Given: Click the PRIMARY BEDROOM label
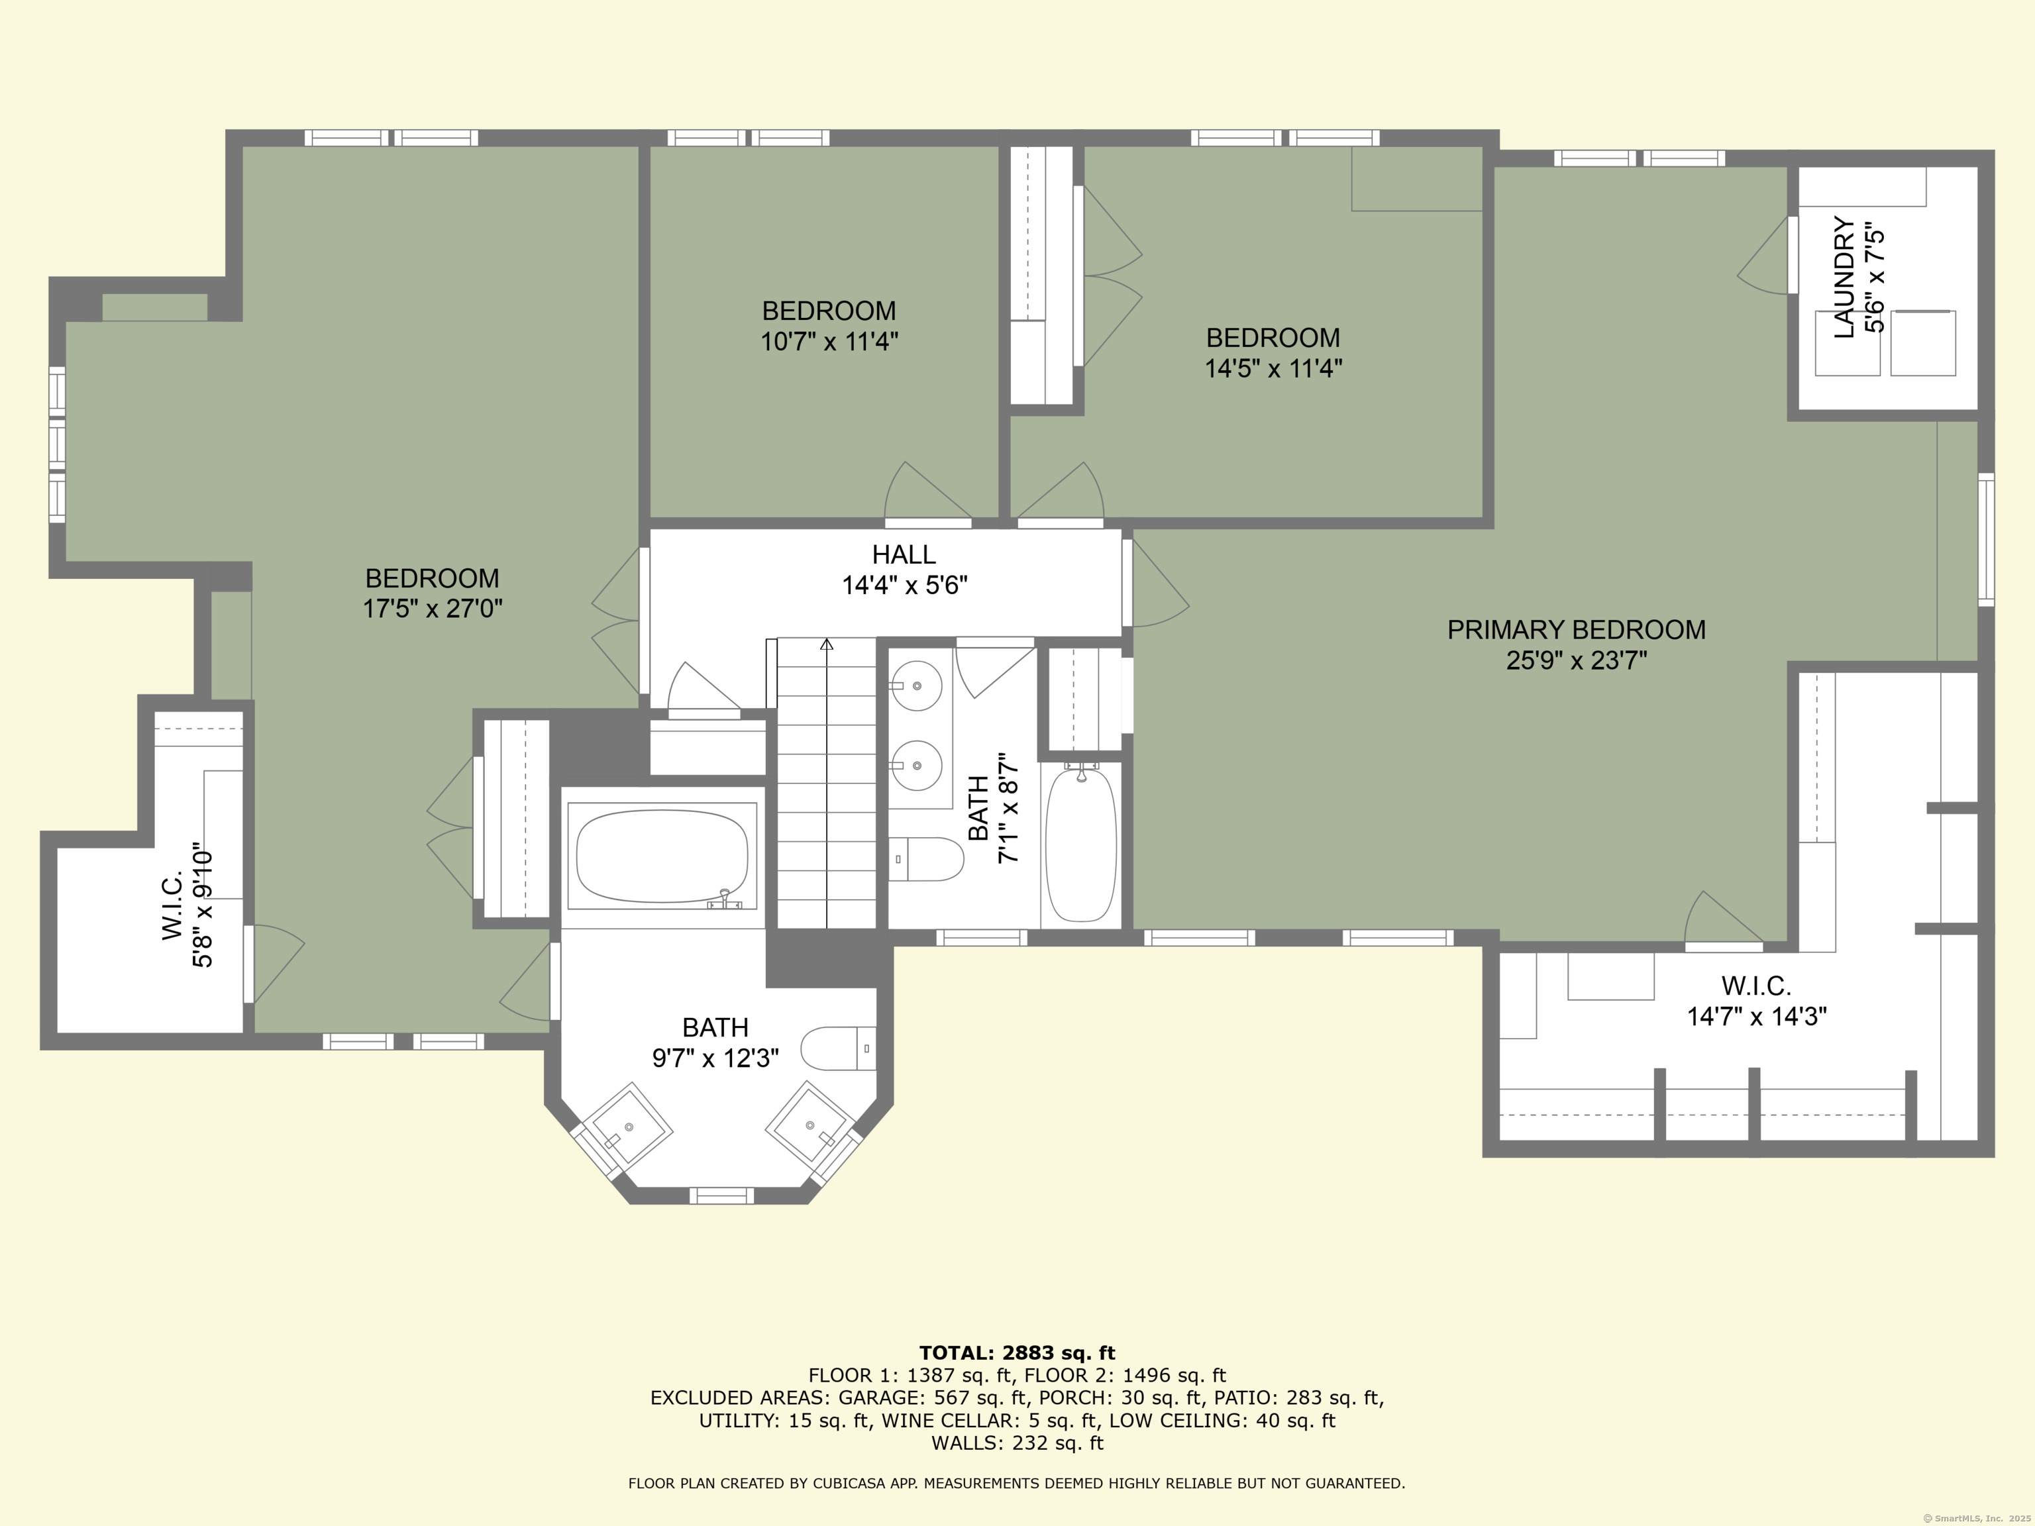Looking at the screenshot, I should (x=1576, y=630).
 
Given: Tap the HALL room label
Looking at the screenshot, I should (x=904, y=554).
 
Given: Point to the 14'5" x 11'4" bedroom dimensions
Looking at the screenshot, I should (x=1273, y=369).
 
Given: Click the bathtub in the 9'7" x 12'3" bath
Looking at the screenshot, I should (x=662, y=856).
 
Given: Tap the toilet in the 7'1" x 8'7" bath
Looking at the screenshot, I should (x=927, y=859).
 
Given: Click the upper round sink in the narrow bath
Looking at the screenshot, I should (x=916, y=686).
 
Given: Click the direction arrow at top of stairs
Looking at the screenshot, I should (x=826, y=645).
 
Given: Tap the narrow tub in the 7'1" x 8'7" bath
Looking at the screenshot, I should (x=1081, y=845).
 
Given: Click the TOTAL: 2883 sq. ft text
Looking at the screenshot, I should (x=1017, y=1353).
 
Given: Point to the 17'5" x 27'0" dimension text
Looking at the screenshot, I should (x=433, y=609).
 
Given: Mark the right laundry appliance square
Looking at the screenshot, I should (x=1923, y=343).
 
